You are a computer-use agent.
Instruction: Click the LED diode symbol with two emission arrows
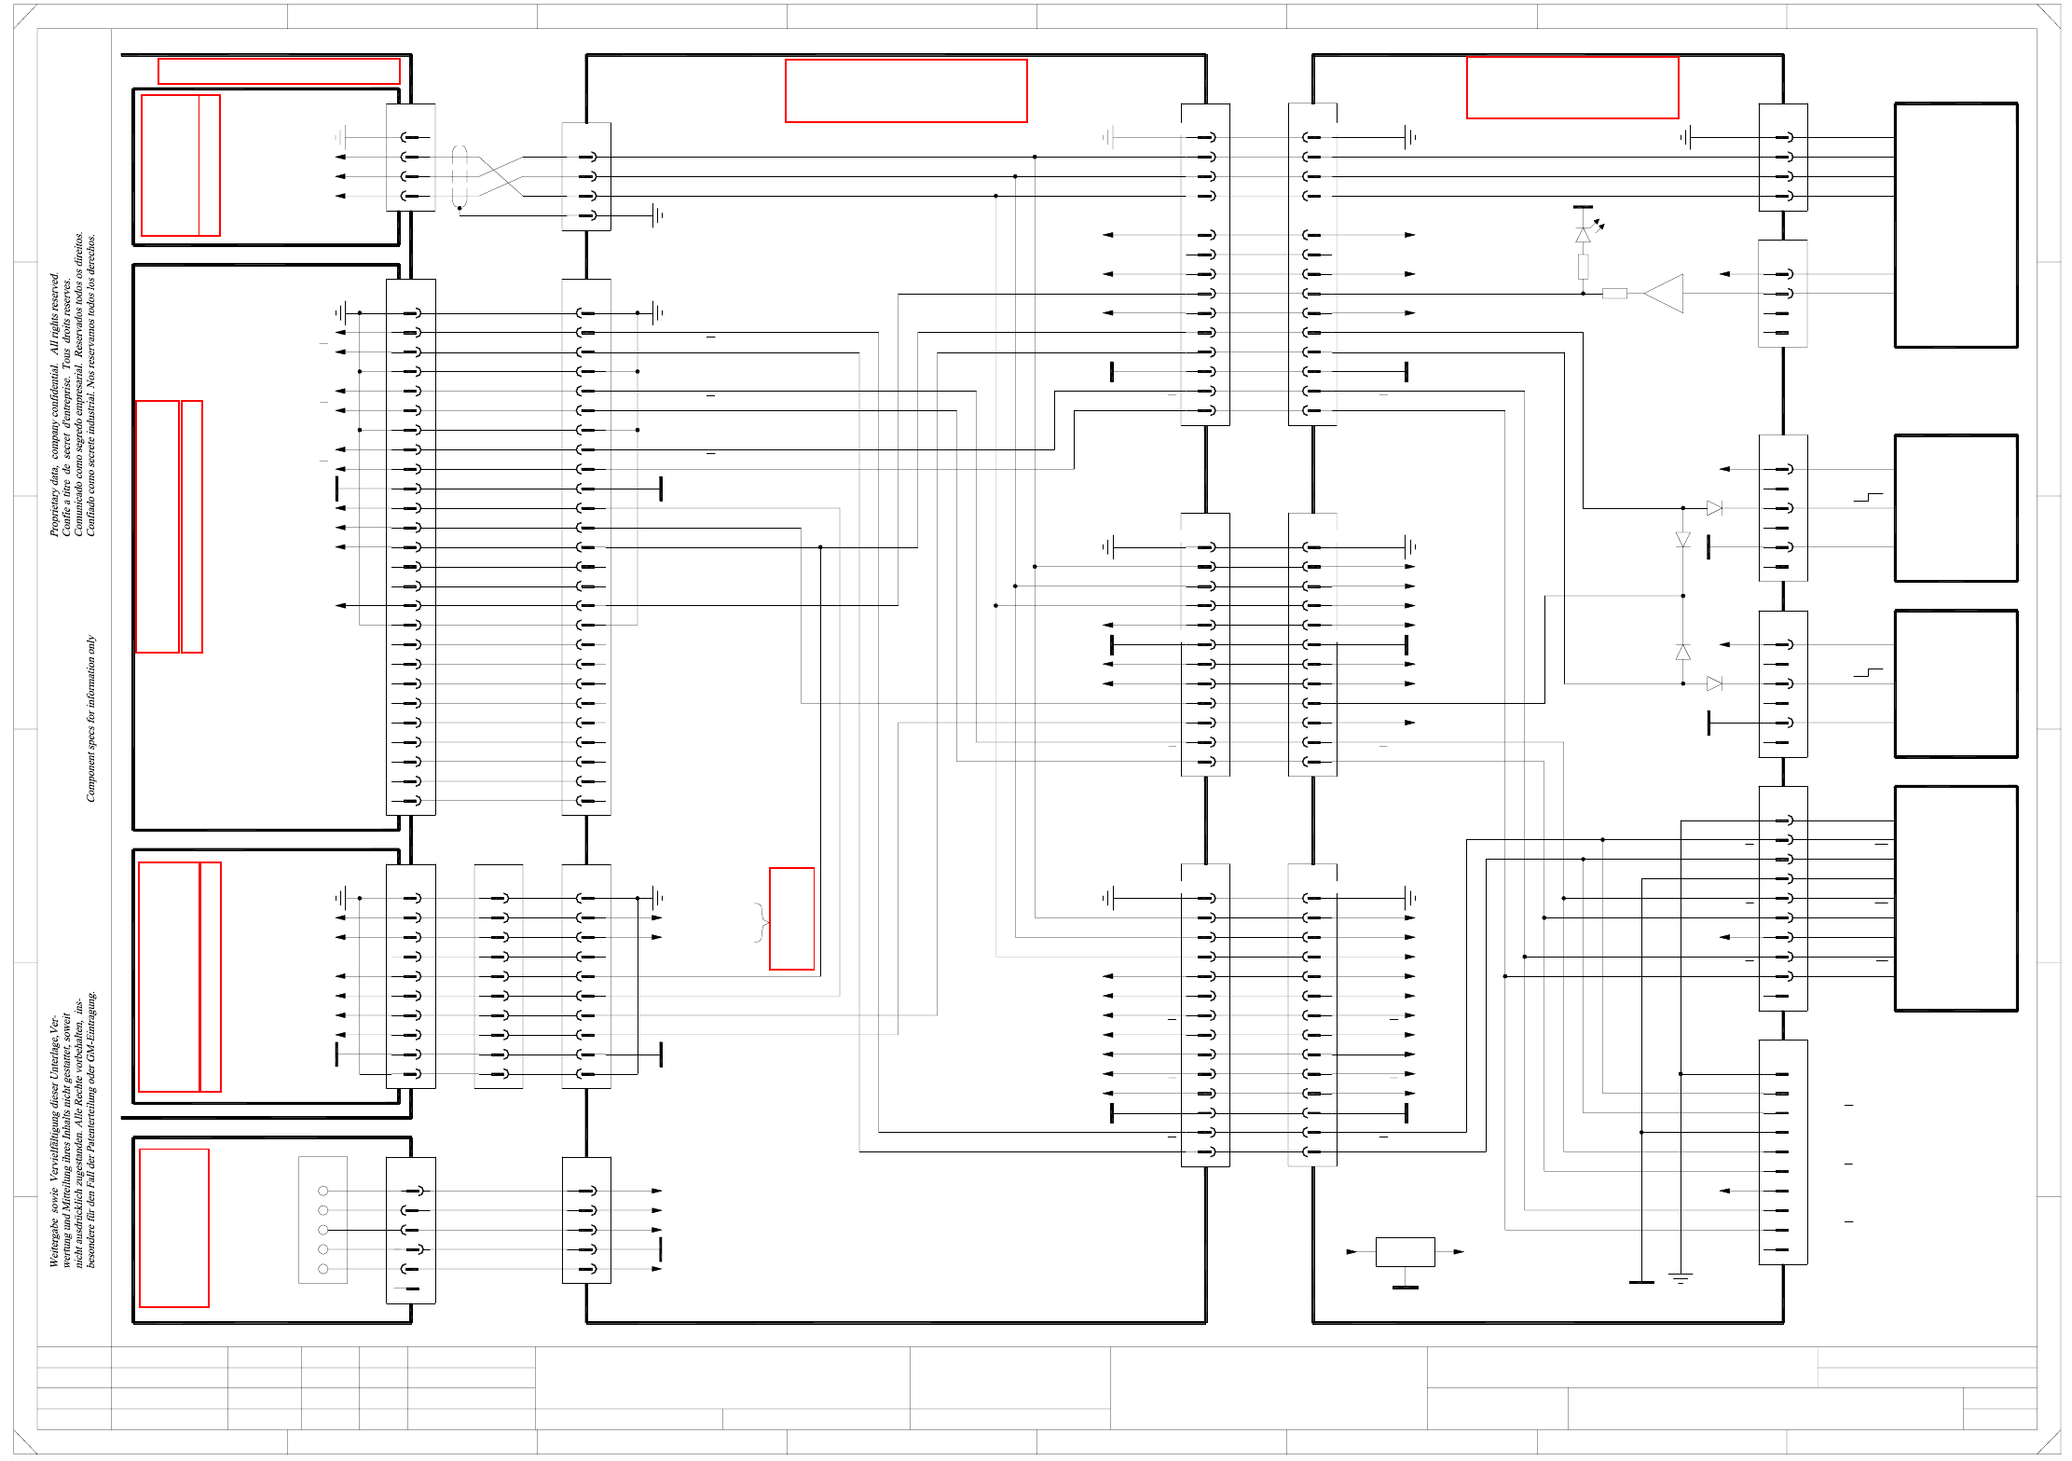1584,235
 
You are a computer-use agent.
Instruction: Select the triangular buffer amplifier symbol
1666,293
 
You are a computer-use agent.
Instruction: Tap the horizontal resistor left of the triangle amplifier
1615,294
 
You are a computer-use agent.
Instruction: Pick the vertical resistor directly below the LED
1583,267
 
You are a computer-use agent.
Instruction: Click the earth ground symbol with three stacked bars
1681,1277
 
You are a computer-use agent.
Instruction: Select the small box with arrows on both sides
1406,1251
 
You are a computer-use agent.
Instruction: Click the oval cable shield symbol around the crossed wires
460,176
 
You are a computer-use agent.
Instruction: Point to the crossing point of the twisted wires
501,176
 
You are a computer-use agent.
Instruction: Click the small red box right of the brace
791,918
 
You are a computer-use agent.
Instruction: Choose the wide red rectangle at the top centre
906,90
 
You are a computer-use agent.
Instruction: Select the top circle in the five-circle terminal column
323,1191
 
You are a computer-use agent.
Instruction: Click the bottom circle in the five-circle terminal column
323,1269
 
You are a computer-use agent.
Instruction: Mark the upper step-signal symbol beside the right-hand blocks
1868,498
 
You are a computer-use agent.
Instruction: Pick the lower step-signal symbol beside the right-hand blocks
1868,673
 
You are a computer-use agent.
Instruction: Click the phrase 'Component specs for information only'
90,718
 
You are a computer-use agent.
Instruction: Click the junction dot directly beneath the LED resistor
1583,294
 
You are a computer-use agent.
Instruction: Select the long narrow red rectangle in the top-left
279,71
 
